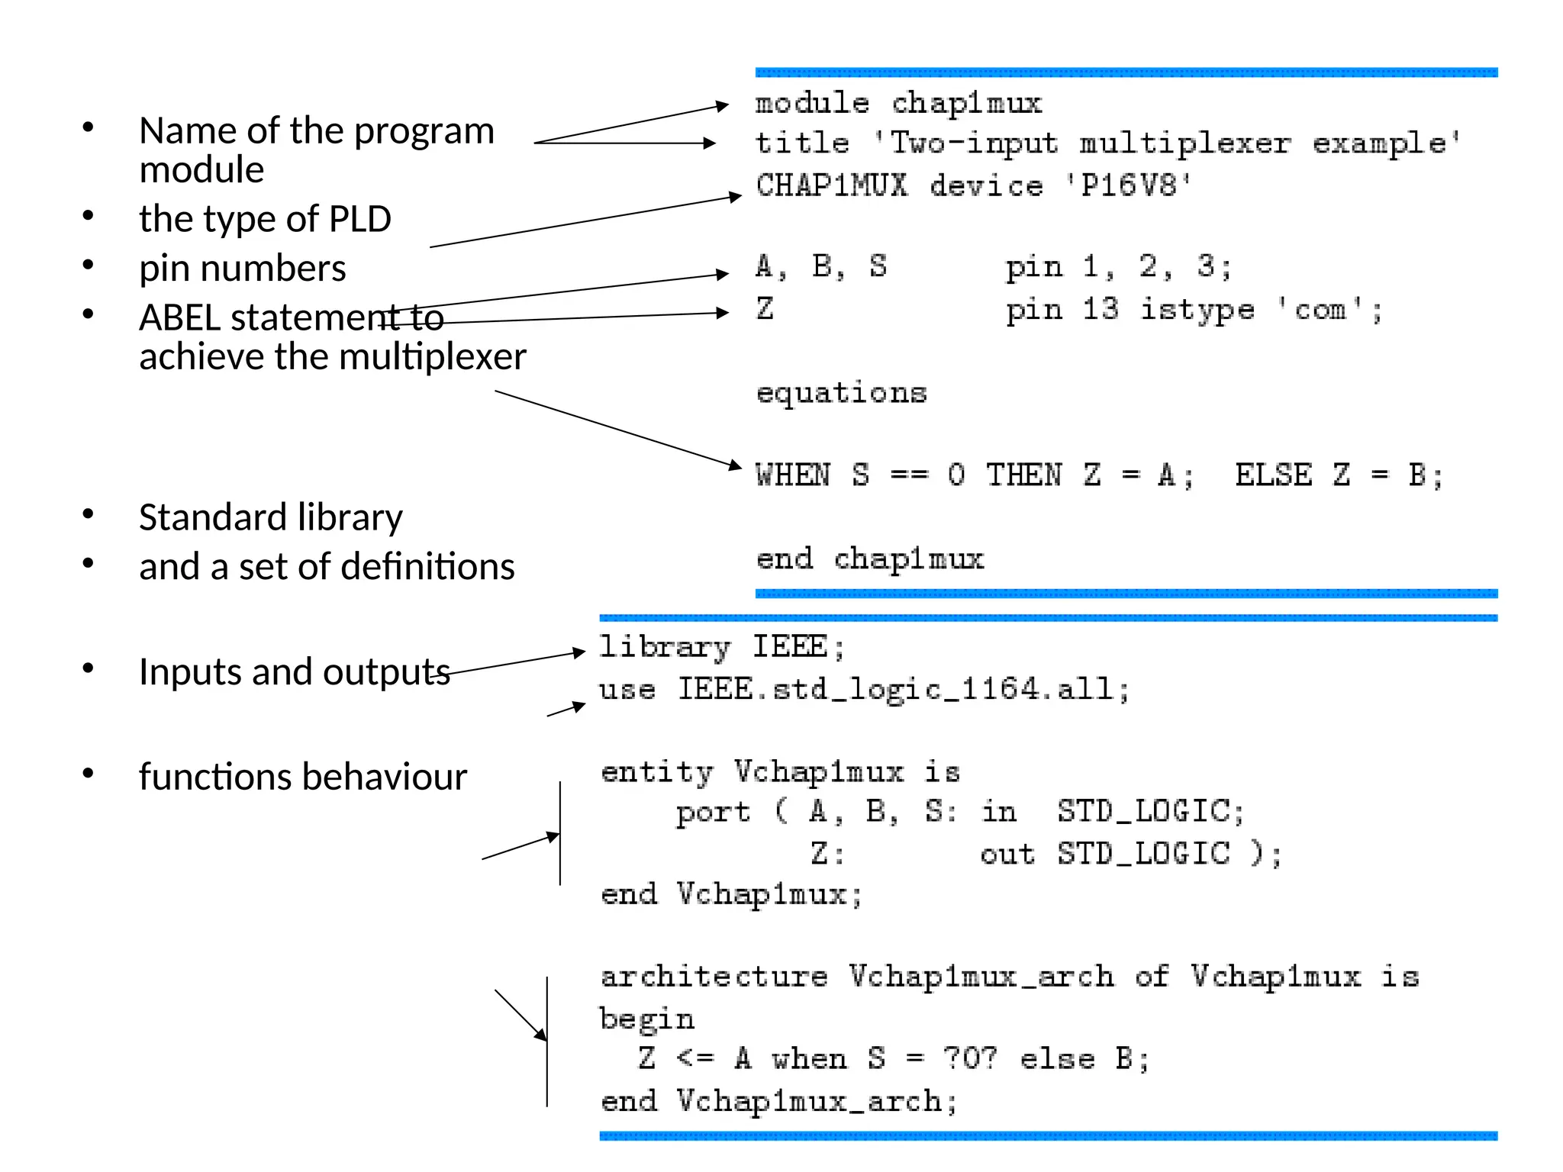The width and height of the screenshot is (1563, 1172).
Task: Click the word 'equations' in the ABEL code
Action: [841, 394]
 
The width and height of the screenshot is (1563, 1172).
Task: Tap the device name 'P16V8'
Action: [1129, 185]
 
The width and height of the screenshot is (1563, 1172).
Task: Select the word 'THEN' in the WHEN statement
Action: [1023, 475]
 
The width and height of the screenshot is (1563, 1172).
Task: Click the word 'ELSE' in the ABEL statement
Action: [1273, 475]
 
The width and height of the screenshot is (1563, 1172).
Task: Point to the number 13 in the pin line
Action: [1100, 309]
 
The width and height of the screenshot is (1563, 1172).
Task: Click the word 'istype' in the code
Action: [1197, 311]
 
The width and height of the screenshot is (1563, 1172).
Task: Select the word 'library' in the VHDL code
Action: [664, 648]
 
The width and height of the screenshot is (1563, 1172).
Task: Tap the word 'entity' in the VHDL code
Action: [657, 773]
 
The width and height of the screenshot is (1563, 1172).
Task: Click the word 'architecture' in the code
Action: [714, 977]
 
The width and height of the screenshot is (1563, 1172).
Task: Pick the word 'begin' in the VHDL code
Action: [647, 1020]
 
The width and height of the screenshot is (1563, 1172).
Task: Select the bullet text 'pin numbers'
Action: [243, 269]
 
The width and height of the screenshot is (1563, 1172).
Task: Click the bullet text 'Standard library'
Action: [271, 517]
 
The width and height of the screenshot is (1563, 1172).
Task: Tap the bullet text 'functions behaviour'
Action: [303, 777]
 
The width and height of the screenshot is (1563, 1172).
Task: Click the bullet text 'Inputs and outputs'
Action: [295, 672]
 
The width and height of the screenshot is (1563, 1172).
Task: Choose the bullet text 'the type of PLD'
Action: [265, 219]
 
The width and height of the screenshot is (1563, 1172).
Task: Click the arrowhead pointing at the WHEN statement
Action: [735, 465]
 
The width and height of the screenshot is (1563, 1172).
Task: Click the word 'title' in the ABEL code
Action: [802, 143]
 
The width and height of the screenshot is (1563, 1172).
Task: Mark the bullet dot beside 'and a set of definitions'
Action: [89, 564]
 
